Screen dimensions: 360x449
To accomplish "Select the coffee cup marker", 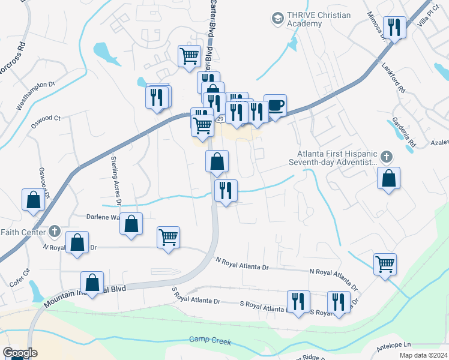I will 275,106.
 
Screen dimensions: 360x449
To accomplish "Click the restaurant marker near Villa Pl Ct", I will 394,27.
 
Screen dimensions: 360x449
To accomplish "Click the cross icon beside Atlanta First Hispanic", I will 387,157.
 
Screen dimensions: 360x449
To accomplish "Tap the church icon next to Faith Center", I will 55,230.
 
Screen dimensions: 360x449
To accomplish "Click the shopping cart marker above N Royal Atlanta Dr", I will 169,237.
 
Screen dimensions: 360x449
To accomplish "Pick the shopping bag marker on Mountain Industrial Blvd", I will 92,282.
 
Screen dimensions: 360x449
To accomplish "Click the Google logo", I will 20,353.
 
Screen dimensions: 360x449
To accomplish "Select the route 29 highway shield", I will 220,120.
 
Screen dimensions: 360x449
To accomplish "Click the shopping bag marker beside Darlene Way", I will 131,224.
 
